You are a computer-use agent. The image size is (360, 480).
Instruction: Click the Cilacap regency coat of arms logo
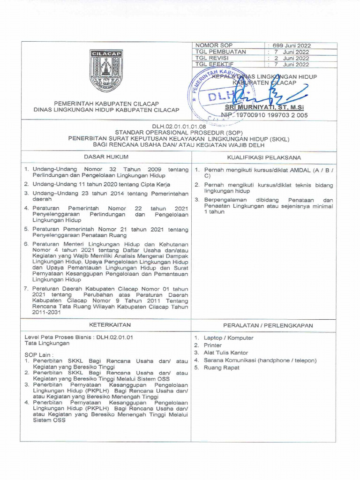[105, 71]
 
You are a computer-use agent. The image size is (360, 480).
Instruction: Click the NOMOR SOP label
[210, 45]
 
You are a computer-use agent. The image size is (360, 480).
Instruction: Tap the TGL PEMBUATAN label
[220, 52]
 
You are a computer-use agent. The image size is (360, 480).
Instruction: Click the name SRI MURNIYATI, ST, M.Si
[271, 108]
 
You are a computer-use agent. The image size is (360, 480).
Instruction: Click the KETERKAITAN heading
[105, 324]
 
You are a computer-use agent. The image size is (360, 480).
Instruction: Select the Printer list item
[213, 345]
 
